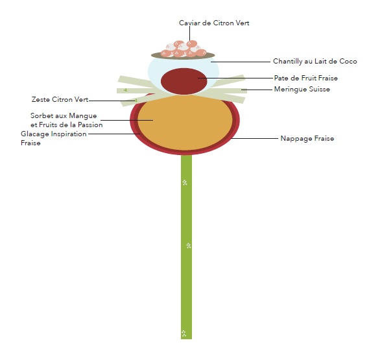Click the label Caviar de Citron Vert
[214, 23]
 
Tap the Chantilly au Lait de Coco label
[315, 61]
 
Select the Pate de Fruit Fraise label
[305, 78]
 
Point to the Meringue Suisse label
[302, 90]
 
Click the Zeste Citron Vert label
[60, 99]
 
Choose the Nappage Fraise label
[307, 138]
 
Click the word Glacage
[35, 134]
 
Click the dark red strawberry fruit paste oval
[184, 81]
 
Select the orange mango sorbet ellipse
[185, 123]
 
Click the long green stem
[186, 246]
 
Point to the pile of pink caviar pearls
[184, 49]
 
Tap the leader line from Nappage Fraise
[254, 138]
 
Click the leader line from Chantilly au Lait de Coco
[241, 62]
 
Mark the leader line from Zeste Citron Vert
[112, 101]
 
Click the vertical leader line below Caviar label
[189, 34]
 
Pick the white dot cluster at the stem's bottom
[184, 333]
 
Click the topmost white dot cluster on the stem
[185, 182]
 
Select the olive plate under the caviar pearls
[183, 56]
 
